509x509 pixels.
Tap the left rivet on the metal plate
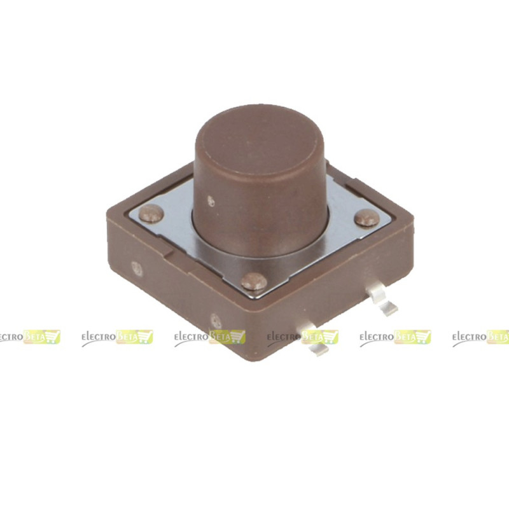pos(151,214)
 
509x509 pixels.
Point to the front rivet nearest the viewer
pos(254,281)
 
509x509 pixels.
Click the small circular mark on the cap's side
pos(211,201)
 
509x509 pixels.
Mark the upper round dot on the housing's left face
pos(137,268)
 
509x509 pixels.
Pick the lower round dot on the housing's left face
pos(216,321)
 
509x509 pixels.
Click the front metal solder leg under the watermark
pos(315,341)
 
